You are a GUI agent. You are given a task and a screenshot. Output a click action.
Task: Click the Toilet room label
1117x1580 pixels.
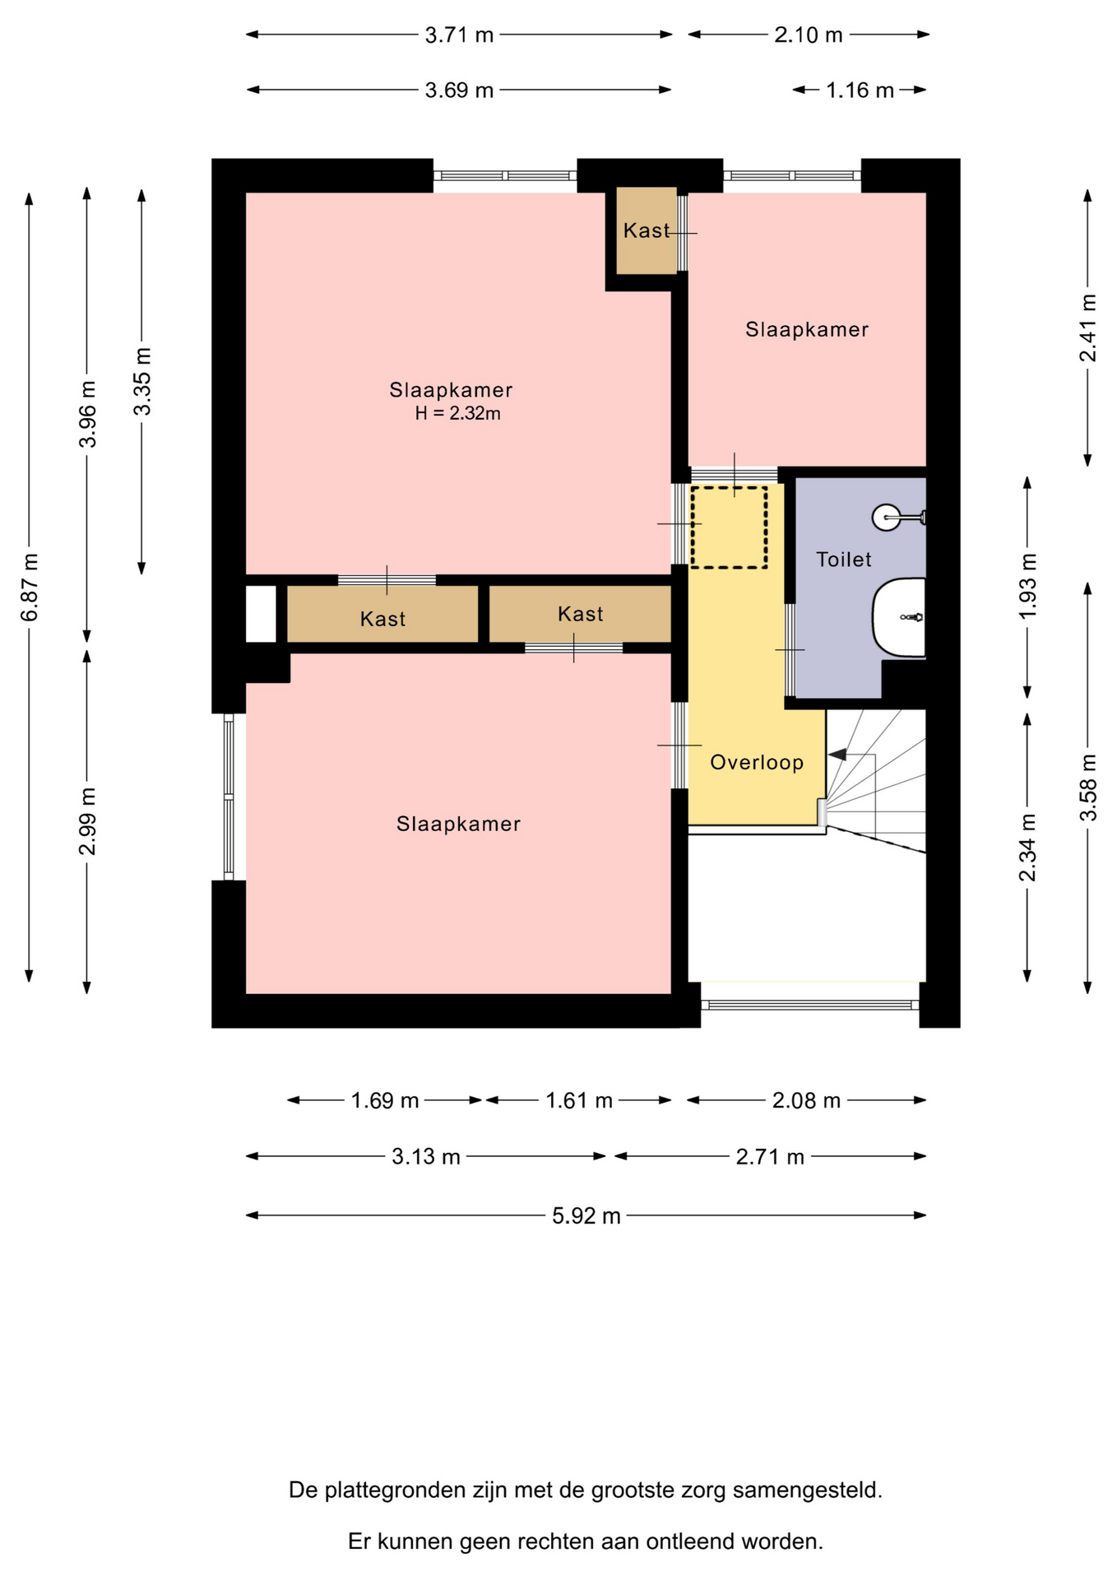click(x=843, y=560)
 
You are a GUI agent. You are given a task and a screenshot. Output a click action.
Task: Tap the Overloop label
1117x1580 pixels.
click(x=757, y=762)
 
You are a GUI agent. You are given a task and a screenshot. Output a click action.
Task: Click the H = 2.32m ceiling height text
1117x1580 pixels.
click(x=457, y=413)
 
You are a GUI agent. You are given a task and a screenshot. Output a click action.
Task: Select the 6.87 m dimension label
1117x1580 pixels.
click(x=29, y=587)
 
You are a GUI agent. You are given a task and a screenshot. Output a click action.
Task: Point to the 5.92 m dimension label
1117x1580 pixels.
click(x=586, y=1215)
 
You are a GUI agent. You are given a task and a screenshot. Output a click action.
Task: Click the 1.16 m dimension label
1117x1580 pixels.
click(x=860, y=90)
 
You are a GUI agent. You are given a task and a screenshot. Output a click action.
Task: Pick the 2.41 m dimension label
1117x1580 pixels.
click(x=1087, y=328)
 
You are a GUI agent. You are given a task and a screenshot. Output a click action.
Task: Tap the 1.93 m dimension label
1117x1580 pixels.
click(x=1027, y=587)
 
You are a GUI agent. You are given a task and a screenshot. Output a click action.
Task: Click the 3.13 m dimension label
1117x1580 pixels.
click(x=425, y=1156)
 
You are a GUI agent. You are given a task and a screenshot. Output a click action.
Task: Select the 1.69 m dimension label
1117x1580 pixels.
click(x=385, y=1100)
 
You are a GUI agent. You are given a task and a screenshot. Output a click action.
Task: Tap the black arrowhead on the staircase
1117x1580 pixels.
click(x=837, y=754)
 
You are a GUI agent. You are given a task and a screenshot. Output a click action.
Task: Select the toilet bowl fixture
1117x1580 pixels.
click(x=898, y=617)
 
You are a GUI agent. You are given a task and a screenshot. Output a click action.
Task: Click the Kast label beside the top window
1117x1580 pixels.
click(x=647, y=230)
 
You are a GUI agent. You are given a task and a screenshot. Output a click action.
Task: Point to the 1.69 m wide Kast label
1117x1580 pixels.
click(x=382, y=619)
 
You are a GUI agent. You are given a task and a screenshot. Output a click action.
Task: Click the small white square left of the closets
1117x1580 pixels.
click(x=261, y=613)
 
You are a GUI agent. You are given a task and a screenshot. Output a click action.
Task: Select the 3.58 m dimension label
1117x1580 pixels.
click(x=1087, y=787)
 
